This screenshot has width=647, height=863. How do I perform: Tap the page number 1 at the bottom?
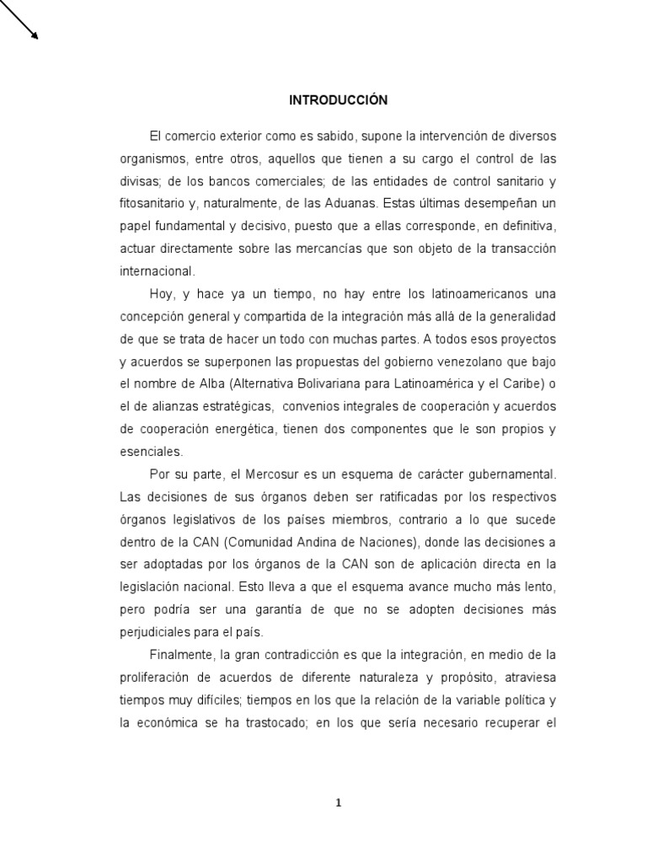pos(339,803)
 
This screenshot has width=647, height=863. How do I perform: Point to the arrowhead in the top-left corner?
pos(35,35)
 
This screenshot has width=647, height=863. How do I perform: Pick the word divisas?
pos(137,181)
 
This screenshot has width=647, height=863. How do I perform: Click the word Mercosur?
pos(256,474)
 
